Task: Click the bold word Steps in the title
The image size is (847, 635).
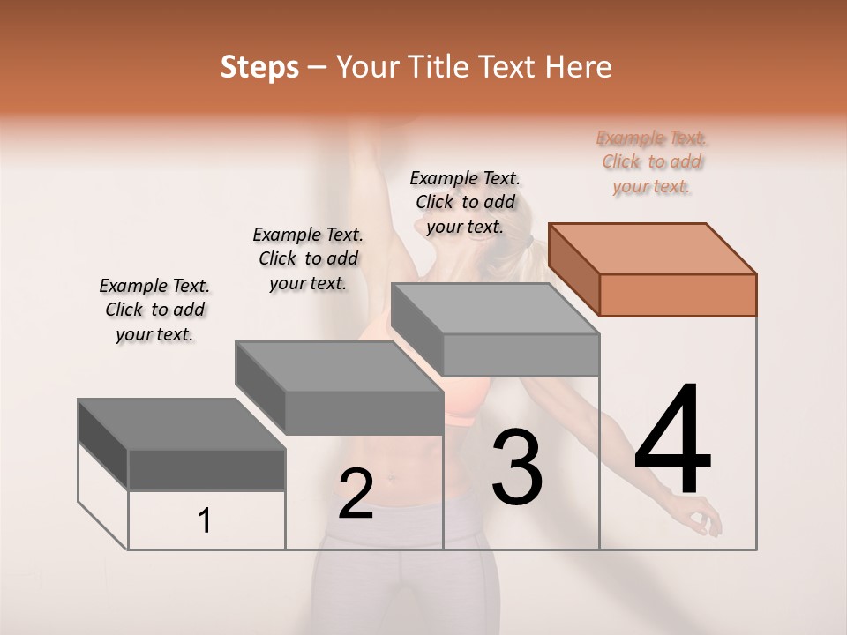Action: point(259,67)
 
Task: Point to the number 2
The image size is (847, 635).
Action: point(356,494)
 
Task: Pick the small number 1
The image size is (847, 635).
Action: point(205,520)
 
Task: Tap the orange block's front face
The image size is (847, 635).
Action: point(678,295)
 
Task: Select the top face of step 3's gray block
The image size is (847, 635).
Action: point(494,309)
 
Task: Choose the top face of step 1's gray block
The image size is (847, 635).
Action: point(182,423)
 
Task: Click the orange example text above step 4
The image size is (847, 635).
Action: point(652,162)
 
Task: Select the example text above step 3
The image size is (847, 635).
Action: point(465,202)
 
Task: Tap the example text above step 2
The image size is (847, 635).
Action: point(308,258)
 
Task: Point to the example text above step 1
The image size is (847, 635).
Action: point(154,310)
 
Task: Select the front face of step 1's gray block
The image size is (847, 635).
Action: point(206,469)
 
